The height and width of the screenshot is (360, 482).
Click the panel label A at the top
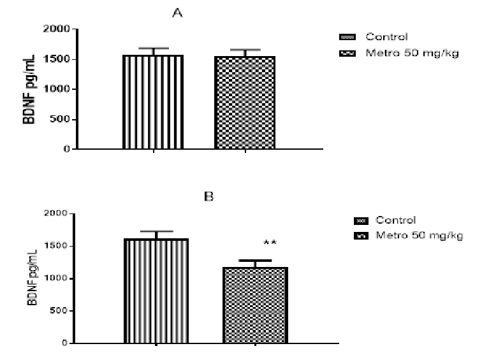(x=179, y=12)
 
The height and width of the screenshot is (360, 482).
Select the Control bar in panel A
(x=154, y=102)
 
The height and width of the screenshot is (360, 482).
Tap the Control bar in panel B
(x=156, y=291)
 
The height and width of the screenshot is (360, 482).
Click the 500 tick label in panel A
(x=61, y=119)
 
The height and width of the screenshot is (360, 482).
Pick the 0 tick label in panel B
(x=64, y=343)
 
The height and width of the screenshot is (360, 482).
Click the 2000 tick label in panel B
(x=53, y=213)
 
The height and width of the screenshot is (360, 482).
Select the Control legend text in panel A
(x=386, y=36)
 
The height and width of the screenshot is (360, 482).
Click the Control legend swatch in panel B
(x=361, y=221)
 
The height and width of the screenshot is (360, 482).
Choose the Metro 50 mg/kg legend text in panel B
(x=419, y=236)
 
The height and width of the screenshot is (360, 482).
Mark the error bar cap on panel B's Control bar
(x=156, y=231)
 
